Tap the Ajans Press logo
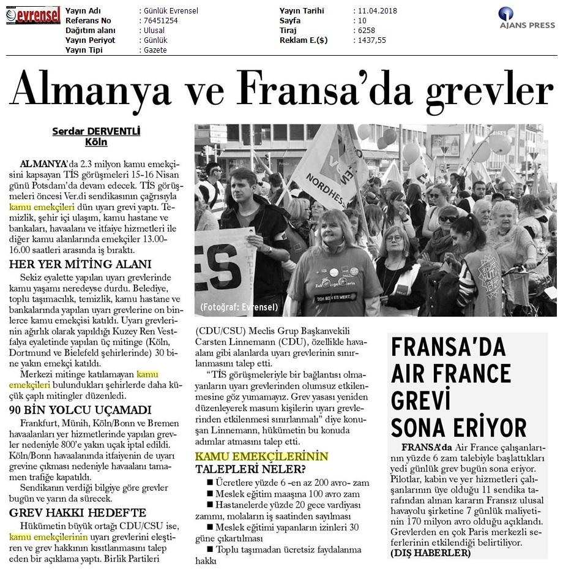526,19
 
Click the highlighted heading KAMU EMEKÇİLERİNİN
261,456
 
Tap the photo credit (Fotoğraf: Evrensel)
239,307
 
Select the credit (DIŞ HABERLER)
431,553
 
